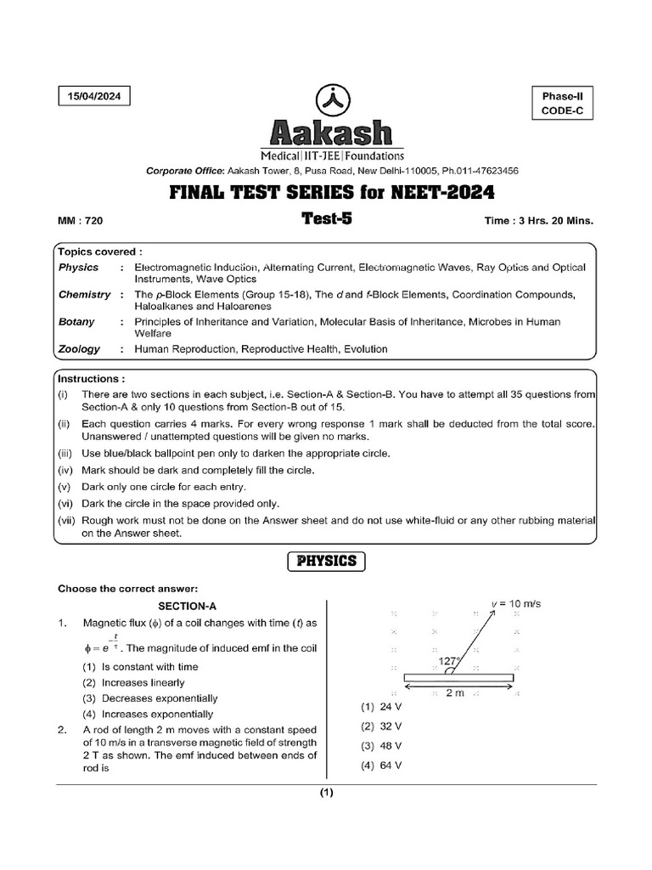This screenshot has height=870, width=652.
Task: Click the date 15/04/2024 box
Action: point(95,97)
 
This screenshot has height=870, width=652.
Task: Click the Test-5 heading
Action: point(326,218)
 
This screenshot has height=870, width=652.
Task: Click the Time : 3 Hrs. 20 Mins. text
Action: point(538,220)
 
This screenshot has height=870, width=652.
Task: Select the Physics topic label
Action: point(78,268)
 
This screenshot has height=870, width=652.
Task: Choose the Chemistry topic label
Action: point(84,295)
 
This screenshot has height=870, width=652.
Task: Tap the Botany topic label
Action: point(76,322)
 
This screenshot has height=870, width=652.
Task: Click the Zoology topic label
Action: point(79,348)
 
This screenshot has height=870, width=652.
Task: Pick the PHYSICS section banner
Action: point(327,562)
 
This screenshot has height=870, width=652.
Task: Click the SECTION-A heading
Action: point(188,606)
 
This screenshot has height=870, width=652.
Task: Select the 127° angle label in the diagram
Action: point(449,660)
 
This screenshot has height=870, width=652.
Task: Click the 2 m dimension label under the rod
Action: point(457,692)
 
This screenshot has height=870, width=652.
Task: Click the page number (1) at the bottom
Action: point(327,794)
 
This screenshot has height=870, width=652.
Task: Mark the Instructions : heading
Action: point(91,377)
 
